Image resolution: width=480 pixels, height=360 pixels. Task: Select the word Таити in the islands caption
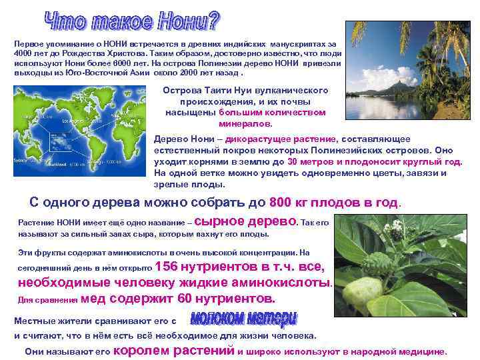217,90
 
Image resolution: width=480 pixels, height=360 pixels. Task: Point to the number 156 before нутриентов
167,267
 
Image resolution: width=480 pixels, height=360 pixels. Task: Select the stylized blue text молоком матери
244,318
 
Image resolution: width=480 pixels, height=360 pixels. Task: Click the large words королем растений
175,351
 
